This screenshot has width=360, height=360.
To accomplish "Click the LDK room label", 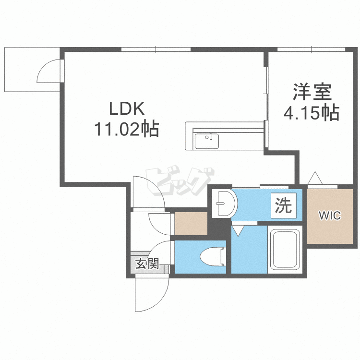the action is [x=127, y=108].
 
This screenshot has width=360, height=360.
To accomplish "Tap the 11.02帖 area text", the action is [x=127, y=129].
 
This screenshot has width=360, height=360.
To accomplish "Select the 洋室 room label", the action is [x=312, y=92].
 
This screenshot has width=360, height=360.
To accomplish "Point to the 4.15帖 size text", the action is [x=312, y=113].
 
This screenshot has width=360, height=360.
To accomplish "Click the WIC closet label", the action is [x=330, y=216].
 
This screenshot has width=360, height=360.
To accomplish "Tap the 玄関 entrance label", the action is [x=147, y=264].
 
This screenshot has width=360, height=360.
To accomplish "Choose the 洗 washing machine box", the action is [x=284, y=205].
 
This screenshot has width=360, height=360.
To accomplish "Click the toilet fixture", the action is [x=213, y=257].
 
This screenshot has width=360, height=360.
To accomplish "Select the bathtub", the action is [x=285, y=249].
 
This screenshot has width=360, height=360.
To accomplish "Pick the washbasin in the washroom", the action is [x=224, y=203].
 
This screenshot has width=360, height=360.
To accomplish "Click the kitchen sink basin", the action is [x=206, y=141].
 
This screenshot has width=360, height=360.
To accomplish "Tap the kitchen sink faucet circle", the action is [x=207, y=137].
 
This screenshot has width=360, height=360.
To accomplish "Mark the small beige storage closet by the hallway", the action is [x=191, y=224].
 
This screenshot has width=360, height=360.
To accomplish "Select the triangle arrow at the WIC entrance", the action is [x=315, y=178].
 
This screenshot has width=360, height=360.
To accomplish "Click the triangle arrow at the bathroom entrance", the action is [x=238, y=230].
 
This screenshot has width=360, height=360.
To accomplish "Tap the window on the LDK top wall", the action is [x=156, y=49].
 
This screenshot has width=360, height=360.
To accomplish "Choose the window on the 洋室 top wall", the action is [x=311, y=49].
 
